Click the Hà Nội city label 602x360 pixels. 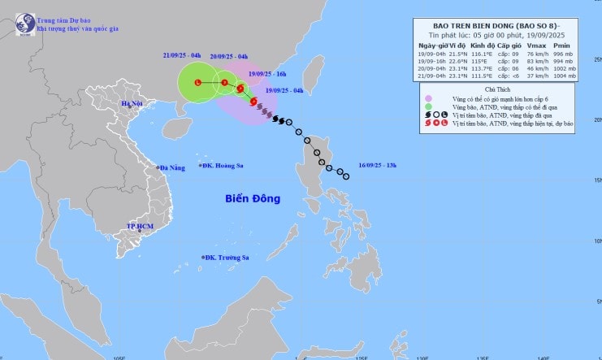coord(131,104)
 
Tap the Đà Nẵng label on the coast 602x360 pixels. coord(173,167)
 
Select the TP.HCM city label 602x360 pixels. coord(141,225)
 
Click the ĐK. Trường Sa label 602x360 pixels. coord(227,258)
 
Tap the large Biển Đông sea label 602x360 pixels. coord(252,198)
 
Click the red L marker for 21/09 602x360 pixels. coord(198,83)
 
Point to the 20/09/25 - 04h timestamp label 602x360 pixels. coord(229,57)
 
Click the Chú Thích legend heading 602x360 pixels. coord(496,88)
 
